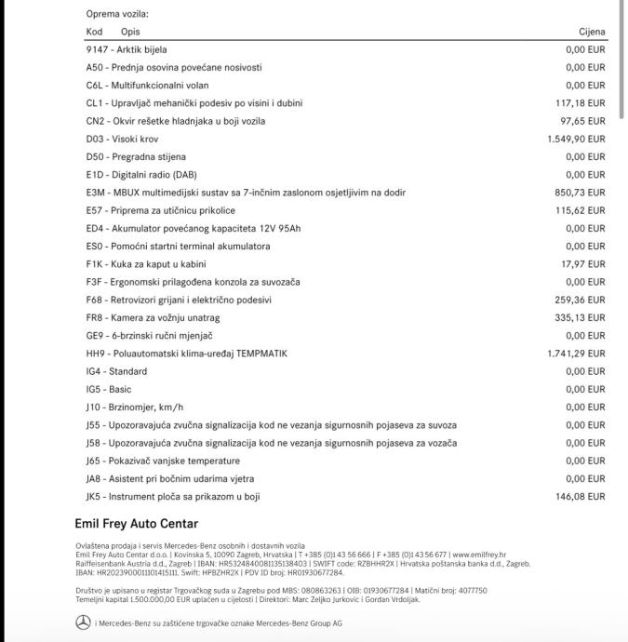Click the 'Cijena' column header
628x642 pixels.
coord(591,32)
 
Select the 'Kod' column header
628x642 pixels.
coord(94,32)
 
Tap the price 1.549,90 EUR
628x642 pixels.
coord(576,139)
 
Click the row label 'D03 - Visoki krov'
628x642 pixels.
coord(122,139)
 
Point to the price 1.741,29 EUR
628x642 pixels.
coord(576,354)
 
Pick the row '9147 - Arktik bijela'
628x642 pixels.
coord(127,49)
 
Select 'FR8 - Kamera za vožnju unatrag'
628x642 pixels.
coord(151,317)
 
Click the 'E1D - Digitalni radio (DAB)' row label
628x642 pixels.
coord(141,175)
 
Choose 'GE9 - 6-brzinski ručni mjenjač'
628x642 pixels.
coord(150,336)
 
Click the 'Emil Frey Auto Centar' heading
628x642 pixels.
coord(136,524)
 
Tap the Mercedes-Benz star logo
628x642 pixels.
coord(83,622)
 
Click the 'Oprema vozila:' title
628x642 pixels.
coord(117,14)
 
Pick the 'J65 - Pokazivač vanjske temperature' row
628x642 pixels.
coord(163,461)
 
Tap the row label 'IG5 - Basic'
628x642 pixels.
coord(109,389)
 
